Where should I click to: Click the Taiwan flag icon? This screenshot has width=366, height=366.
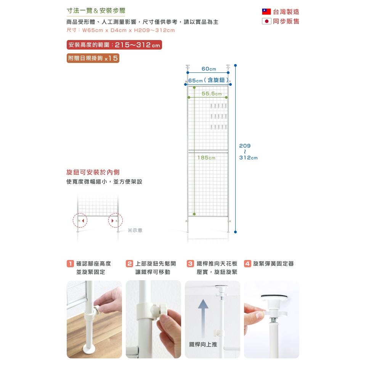266,12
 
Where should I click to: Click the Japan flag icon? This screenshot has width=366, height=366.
266,21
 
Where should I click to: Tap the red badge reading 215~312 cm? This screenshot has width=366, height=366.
114,45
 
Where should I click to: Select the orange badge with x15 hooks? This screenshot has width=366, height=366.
93,58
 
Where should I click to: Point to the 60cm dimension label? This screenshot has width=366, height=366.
209,69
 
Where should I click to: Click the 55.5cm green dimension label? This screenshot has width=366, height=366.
212,94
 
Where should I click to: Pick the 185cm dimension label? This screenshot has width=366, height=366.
206,158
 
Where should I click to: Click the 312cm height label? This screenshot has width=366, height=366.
248,158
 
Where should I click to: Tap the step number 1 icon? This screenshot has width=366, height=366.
70,263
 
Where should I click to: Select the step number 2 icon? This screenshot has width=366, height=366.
129,263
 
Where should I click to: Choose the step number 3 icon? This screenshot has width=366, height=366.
191,263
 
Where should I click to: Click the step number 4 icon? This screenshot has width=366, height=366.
247,263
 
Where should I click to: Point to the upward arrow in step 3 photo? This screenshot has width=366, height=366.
203,318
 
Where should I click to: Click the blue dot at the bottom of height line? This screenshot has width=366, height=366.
235,232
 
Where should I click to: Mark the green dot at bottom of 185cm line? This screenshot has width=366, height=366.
194,214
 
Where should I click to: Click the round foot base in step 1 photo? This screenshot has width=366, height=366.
89,350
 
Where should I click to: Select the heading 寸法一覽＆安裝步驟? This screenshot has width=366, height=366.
96,11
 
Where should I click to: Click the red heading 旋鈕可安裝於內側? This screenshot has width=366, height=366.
93,172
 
